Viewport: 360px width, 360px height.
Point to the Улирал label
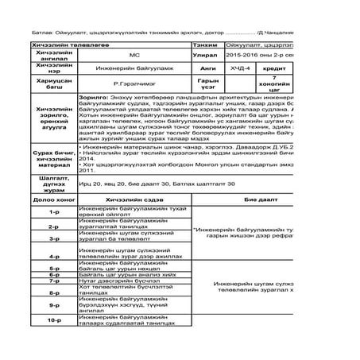[207, 58]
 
